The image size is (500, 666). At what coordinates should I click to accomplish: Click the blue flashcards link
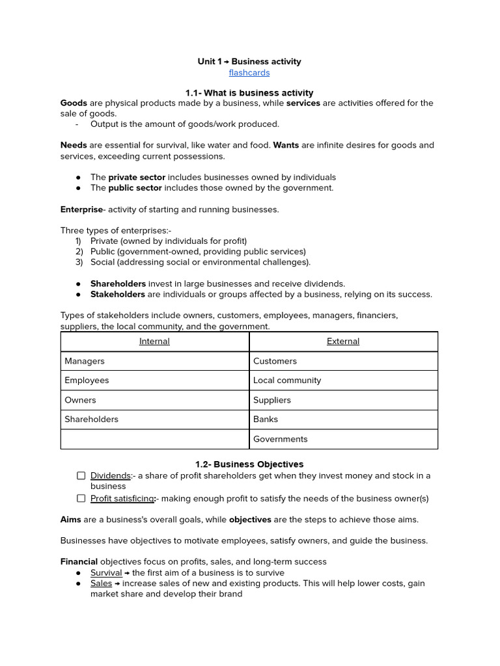(x=249, y=73)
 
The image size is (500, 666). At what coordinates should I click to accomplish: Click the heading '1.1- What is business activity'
(x=249, y=93)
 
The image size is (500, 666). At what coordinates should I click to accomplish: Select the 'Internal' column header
(x=154, y=341)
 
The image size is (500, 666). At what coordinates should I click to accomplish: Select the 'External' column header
(x=343, y=341)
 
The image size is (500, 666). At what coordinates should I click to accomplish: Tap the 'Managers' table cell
(x=85, y=361)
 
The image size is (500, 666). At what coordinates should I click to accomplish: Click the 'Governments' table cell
(x=281, y=439)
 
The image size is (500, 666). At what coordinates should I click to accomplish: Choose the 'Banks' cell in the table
(x=266, y=420)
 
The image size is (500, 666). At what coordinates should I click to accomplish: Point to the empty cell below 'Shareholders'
(x=154, y=439)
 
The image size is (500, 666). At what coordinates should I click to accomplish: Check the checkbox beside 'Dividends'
(x=81, y=476)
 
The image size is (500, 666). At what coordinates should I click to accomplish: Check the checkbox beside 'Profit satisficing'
(x=81, y=499)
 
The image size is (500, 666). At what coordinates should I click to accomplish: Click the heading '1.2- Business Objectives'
(x=249, y=464)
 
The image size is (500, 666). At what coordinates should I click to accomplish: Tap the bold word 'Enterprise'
(x=81, y=209)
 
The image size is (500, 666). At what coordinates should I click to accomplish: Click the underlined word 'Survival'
(x=106, y=573)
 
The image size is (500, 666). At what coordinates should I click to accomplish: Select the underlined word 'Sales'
(x=101, y=583)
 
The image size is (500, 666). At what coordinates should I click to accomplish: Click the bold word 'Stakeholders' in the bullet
(x=118, y=295)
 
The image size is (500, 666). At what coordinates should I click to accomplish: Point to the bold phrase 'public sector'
(x=135, y=188)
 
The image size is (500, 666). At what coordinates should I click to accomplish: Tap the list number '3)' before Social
(x=79, y=262)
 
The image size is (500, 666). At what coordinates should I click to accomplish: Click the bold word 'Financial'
(x=79, y=562)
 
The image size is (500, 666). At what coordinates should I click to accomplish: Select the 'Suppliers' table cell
(x=272, y=400)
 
